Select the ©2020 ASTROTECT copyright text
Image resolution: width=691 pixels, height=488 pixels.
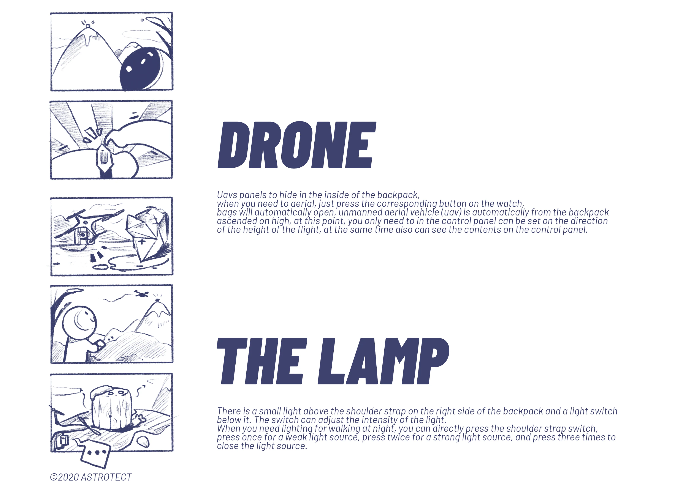tap(91, 477)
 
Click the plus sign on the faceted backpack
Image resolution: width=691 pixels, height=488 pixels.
tap(142, 241)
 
